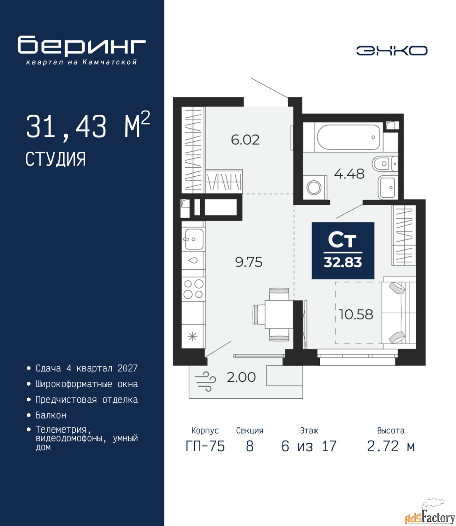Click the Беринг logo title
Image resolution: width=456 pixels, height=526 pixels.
pos(82,46)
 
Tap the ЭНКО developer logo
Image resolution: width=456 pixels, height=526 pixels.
pos(391,51)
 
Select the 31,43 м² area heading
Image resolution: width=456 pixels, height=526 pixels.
pos(88,126)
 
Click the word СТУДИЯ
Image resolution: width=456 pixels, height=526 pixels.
pos(56,159)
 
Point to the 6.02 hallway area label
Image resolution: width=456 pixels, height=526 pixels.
pos(245,140)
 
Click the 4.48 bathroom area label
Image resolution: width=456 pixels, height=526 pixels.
pos(350,174)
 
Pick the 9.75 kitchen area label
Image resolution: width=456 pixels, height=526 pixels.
pos(249,262)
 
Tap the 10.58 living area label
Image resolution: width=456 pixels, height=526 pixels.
pos(356,314)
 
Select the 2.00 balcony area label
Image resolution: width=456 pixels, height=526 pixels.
pos(241,377)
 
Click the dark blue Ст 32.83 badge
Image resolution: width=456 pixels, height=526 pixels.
pos(343,250)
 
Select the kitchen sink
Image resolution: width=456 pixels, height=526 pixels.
pos(194,239)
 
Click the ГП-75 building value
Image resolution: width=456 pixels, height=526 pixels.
pos(205,446)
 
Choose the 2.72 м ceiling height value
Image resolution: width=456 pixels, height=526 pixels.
pos(391,446)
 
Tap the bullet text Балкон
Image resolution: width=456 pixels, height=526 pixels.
pos(51,415)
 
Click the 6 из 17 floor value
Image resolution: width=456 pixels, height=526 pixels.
pos(309,446)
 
